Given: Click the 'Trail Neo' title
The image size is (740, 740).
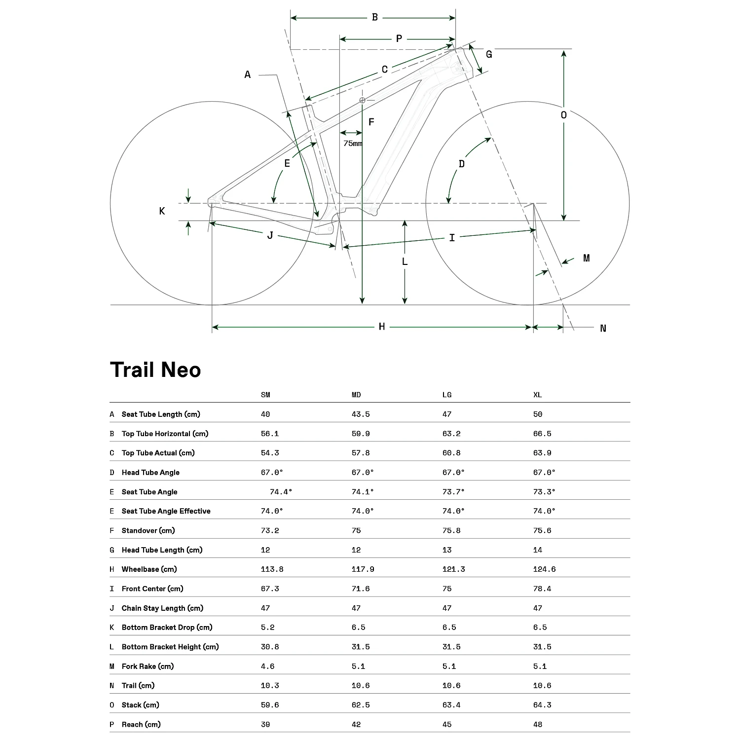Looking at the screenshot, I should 155,370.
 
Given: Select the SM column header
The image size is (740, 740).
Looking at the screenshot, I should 265,395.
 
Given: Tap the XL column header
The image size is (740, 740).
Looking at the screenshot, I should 538,395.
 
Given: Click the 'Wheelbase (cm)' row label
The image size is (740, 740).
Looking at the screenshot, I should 149,569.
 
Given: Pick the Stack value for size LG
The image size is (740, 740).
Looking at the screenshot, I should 451,705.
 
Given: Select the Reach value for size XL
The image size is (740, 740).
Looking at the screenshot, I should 538,724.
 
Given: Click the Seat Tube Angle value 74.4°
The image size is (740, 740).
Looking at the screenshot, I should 281,492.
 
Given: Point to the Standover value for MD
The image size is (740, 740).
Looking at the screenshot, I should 356,530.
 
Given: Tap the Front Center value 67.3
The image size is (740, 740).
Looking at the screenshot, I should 269,589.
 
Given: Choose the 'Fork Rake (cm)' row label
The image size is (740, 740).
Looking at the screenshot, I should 148,666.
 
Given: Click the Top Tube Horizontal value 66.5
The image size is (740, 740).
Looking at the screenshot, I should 542,434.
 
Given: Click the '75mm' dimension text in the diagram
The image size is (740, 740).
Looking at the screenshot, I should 353,144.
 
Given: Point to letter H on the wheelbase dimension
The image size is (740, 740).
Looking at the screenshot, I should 382,327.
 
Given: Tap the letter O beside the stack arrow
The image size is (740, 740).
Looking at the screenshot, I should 564,115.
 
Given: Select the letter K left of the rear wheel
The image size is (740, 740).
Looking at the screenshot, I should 162,211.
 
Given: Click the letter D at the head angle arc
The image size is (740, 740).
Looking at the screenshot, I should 462,164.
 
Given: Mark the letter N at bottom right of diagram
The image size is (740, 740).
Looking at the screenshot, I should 603,329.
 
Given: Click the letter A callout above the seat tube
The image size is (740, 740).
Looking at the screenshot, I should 248,74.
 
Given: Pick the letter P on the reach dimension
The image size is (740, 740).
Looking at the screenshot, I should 399,38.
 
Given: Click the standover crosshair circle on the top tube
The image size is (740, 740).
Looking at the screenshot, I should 362,100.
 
